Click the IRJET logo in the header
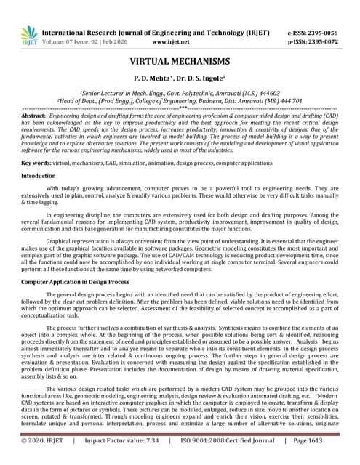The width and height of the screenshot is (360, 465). [x=30, y=36]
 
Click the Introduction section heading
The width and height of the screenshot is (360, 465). [x=38, y=176]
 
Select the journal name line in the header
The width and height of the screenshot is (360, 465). [x=156, y=33]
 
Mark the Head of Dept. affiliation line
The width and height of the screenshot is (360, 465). [x=180, y=102]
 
